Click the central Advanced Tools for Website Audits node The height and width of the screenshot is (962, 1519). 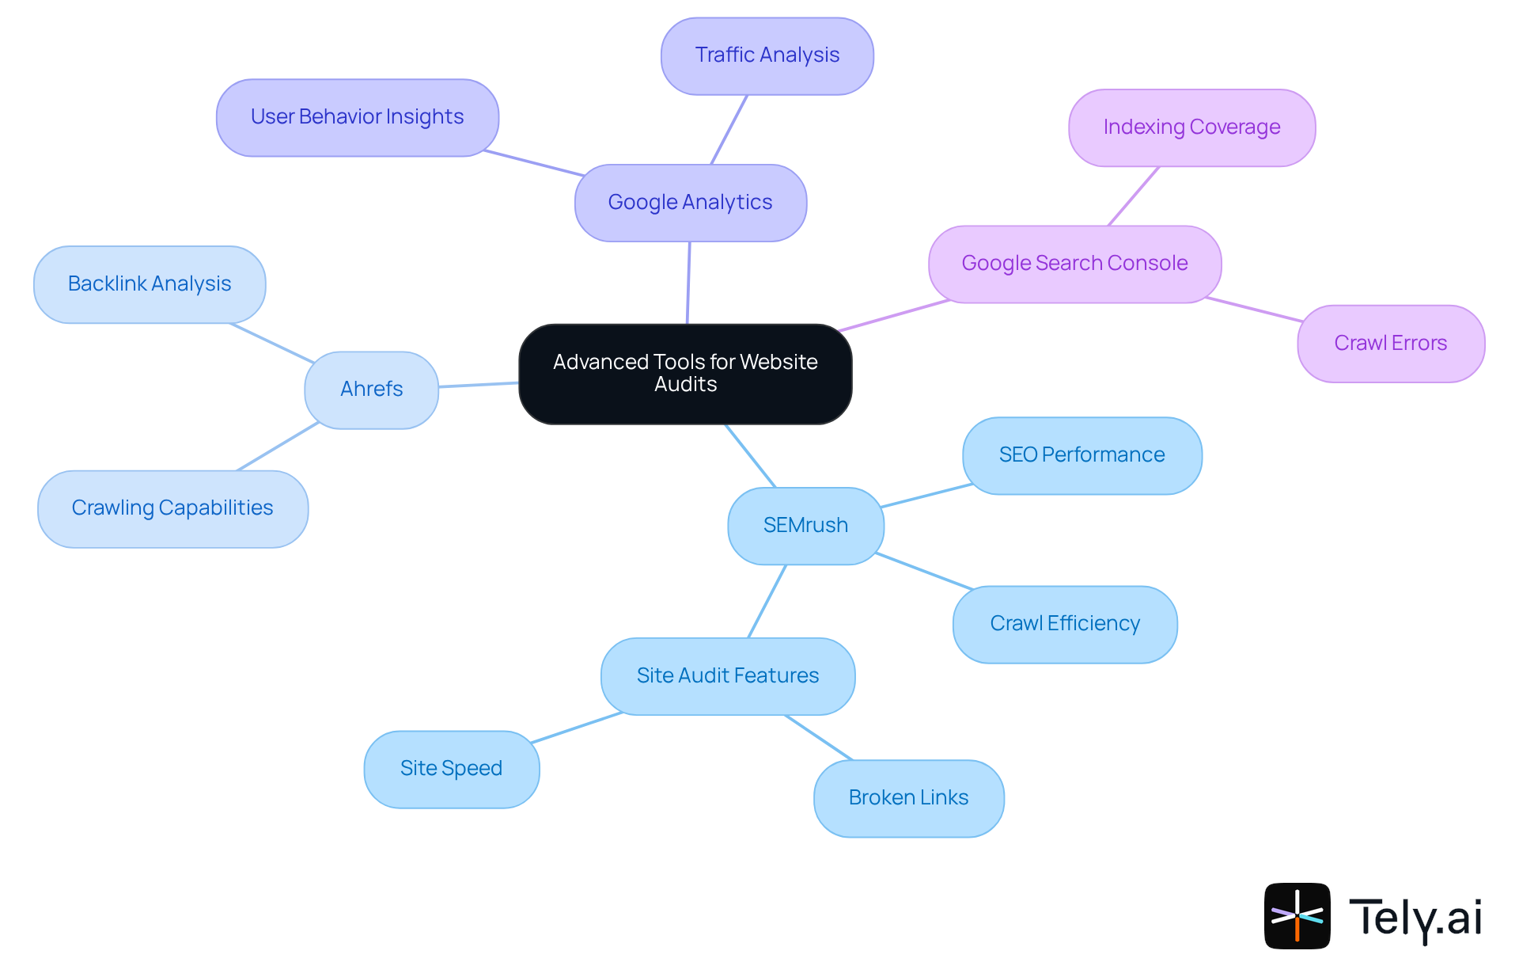685,374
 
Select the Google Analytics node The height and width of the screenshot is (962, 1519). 690,203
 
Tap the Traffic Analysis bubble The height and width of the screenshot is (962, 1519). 767,55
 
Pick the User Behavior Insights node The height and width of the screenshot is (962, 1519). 357,117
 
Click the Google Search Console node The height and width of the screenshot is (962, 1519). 1074,264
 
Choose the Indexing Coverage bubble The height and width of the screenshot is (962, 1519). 1191,127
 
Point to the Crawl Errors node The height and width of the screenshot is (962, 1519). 1390,344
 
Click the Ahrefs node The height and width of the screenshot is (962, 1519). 371,390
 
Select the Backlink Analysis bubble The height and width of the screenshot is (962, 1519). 150,284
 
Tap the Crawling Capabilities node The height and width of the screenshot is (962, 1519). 172,508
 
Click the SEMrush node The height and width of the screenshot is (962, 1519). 805,526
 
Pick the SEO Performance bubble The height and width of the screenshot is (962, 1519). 1081,455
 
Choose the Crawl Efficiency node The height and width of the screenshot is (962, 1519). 1065,624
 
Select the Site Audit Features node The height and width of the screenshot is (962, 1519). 727,676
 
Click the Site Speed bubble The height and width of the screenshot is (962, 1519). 451,769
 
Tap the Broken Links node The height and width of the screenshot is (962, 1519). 908,798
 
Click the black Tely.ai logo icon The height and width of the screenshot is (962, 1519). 1297,915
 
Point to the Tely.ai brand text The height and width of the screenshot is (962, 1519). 1415,918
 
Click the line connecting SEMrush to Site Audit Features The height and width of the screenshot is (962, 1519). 767,601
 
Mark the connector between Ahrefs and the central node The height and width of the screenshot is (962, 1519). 479,385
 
